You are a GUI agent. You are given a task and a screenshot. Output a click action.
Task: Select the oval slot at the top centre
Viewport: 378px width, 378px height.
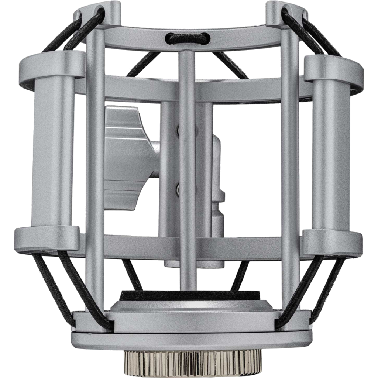coord(187,37)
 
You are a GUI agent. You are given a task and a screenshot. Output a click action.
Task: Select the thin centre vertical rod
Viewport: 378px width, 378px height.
coord(187,166)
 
